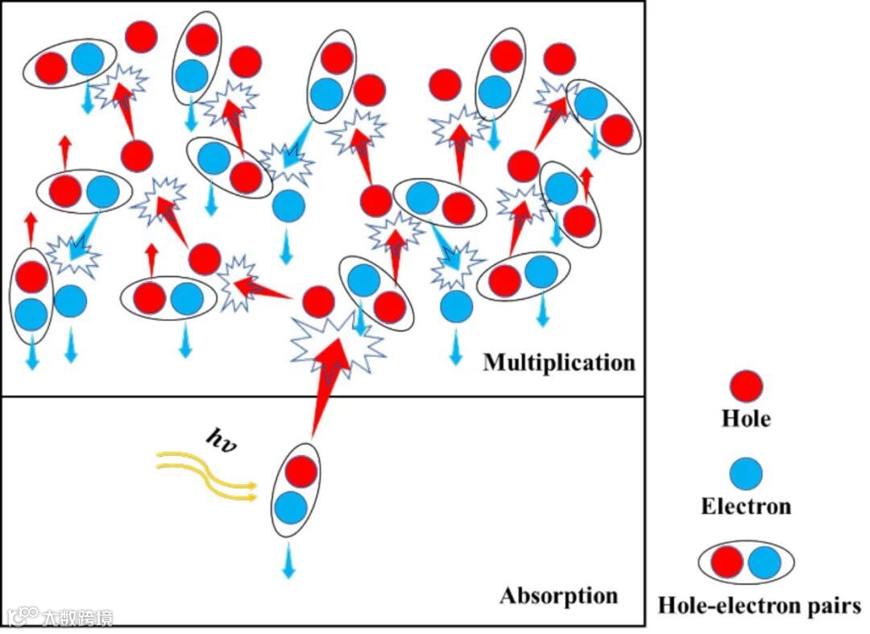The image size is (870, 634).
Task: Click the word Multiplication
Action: [559, 363]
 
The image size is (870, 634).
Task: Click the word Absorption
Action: [559, 596]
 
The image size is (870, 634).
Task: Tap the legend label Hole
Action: [745, 419]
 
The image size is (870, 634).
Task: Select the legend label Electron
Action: [745, 507]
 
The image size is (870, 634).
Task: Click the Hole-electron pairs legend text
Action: [759, 605]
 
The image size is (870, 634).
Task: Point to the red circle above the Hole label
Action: [745, 387]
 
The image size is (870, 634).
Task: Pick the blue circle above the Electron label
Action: [745, 474]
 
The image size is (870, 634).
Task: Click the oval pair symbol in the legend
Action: [746, 562]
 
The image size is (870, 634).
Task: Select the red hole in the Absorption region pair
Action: [300, 471]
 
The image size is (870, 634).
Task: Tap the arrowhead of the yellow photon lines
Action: [253, 491]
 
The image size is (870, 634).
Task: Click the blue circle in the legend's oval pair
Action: [764, 562]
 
